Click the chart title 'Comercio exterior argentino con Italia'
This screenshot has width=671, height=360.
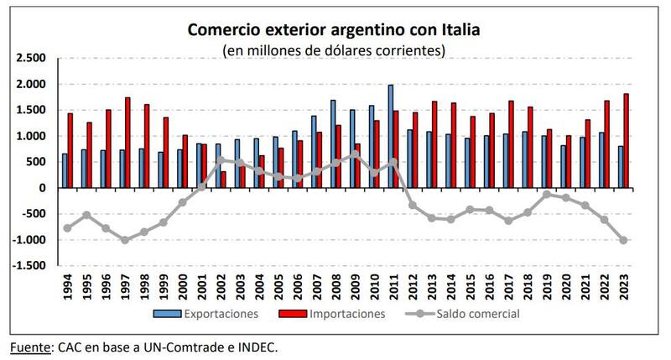click(333, 31)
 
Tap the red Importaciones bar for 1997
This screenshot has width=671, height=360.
click(127, 143)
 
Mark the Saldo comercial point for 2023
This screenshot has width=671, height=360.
click(623, 240)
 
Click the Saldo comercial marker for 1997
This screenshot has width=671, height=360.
click(124, 240)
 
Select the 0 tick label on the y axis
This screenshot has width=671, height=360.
click(40, 188)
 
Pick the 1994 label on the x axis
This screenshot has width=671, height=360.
click(67, 285)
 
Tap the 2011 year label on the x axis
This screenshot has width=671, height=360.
click(393, 285)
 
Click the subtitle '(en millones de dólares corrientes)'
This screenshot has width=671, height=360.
click(333, 50)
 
